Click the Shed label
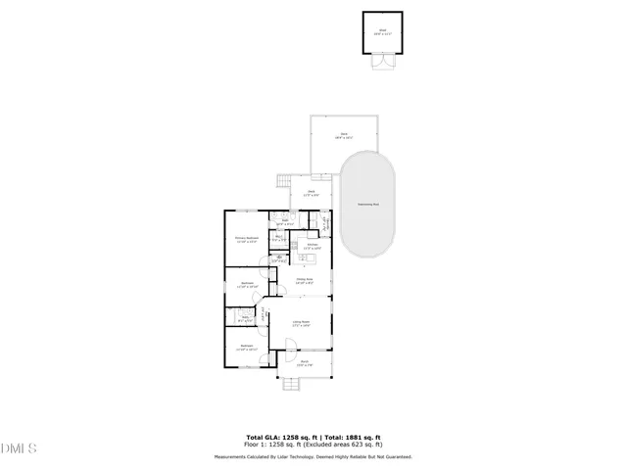pos(382,30)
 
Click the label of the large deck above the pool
pos(344,137)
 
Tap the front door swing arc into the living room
pos(290,342)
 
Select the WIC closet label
pos(278,238)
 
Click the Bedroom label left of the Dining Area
pos(248,285)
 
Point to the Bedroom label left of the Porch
pos(248,348)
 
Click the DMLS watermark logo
pos(18,449)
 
